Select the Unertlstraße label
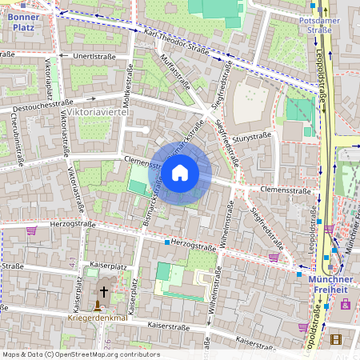pos(94,57)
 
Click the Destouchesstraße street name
pos(38,104)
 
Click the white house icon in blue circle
pos(180,172)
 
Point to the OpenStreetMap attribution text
pos(81,354)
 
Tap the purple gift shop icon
pos(346,304)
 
